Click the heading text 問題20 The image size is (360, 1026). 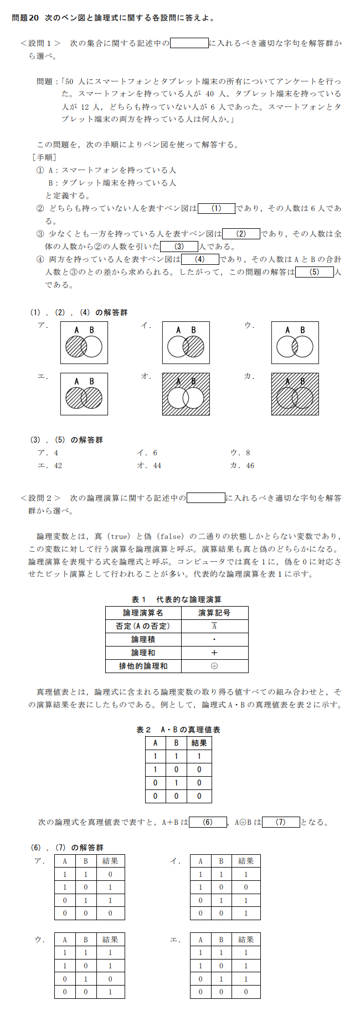pyautogui.click(x=25, y=18)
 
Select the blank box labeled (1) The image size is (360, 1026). pyautogui.click(x=217, y=208)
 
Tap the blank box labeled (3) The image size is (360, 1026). pyautogui.click(x=179, y=247)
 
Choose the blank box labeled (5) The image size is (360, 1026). pyautogui.click(x=314, y=272)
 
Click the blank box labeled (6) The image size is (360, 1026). pyautogui.click(x=208, y=822)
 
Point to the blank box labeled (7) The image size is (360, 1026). pyautogui.click(x=281, y=822)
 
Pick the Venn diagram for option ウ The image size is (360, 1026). pyautogui.click(x=295, y=343)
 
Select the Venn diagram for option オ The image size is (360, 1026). pyautogui.click(x=186, y=394)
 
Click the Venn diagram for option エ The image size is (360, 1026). pyautogui.click(x=84, y=394)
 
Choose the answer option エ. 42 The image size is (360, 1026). pyautogui.click(x=50, y=466)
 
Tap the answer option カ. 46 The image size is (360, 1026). pyautogui.click(x=242, y=466)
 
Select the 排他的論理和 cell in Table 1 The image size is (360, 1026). pyautogui.click(x=143, y=666)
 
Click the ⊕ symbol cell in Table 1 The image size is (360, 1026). pyautogui.click(x=214, y=666)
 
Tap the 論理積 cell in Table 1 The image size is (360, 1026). pyautogui.click(x=143, y=639)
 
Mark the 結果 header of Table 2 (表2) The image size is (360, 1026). pyautogui.click(x=199, y=743)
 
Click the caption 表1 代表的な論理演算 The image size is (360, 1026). pyautogui.click(x=176, y=599)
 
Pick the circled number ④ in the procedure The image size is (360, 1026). pyautogui.click(x=40, y=259)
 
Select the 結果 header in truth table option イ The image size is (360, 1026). pyautogui.click(x=246, y=861)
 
